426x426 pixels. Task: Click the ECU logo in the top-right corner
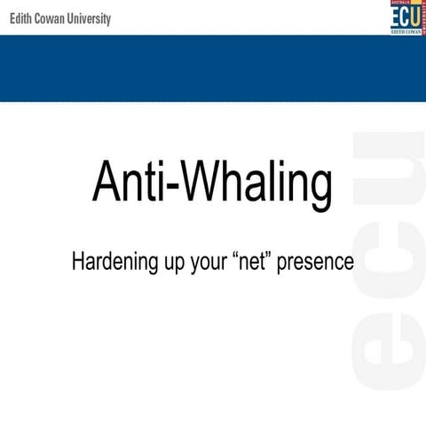[406, 19]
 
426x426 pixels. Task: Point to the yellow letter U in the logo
[414, 17]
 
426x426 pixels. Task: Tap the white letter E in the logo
[396, 17]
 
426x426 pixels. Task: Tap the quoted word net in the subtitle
[257, 263]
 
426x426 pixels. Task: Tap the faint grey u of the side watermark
[389, 174]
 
